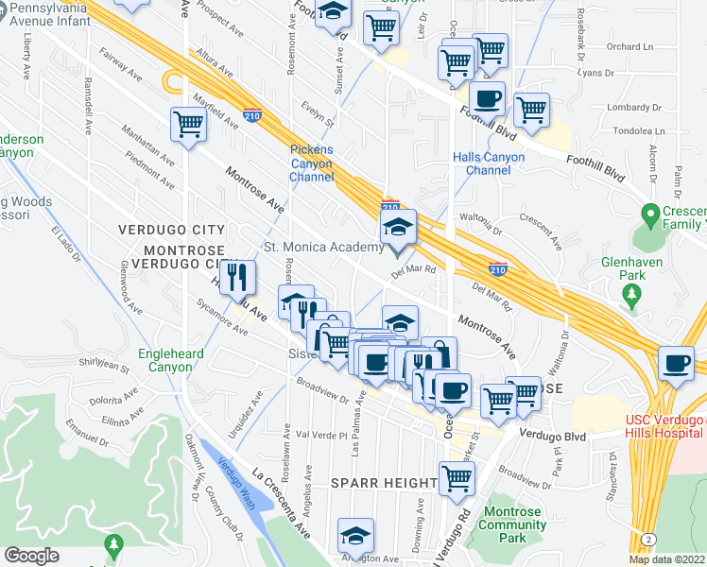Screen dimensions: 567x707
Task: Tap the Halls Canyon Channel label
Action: pos(481,163)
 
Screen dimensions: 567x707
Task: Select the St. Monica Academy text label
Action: pos(323,248)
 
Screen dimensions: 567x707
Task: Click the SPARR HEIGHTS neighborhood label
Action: pos(384,483)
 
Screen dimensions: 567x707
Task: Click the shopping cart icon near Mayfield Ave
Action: pos(188,124)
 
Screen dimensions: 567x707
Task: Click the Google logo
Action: pos(31,556)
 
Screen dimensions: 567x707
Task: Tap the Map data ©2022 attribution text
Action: pos(666,559)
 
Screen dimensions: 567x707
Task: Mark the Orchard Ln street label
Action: pos(630,45)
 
